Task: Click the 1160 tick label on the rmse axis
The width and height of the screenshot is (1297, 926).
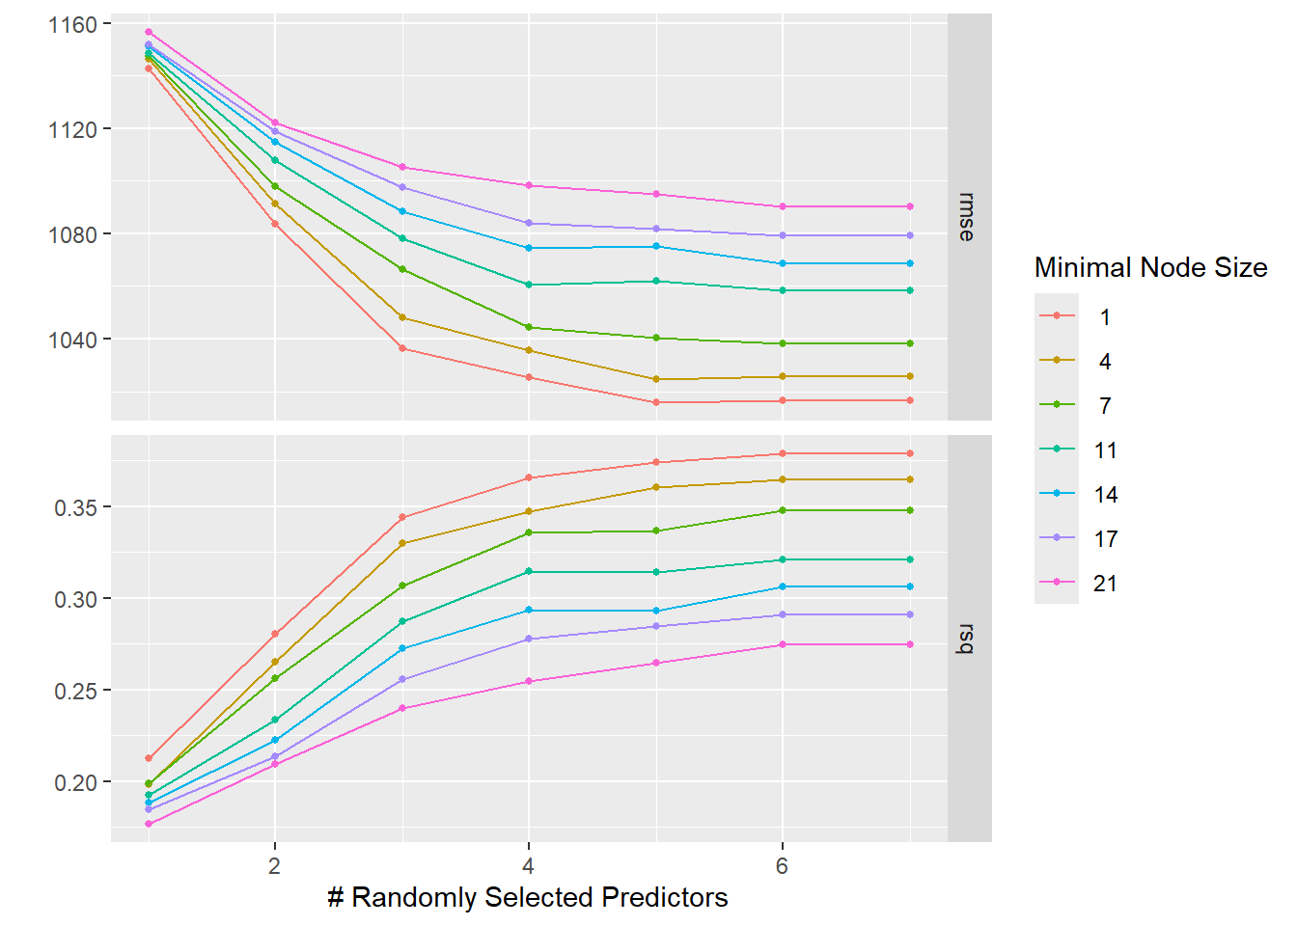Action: (72, 24)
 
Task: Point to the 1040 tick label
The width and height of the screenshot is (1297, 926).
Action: (72, 340)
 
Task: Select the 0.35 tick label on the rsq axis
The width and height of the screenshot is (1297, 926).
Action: (75, 507)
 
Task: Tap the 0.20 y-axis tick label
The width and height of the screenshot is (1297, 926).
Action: (75, 782)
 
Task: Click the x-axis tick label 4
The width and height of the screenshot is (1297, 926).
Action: (528, 866)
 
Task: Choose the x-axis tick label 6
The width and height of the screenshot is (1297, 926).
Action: (782, 866)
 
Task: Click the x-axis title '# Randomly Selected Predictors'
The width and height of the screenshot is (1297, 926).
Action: (527, 897)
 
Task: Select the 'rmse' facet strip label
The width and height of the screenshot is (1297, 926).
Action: (968, 217)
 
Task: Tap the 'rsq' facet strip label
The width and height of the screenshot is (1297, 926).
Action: (968, 639)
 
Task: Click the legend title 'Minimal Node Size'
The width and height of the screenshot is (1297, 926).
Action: (1150, 267)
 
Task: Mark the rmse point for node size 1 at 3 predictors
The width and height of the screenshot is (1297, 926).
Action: (402, 348)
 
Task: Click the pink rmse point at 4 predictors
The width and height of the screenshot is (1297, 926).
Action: (529, 185)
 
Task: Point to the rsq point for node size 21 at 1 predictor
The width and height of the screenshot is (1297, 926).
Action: (149, 824)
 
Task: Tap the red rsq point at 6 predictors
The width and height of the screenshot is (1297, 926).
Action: (783, 453)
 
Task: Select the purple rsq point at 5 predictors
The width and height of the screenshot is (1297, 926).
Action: (656, 626)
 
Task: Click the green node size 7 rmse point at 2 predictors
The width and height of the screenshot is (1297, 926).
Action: (275, 186)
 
